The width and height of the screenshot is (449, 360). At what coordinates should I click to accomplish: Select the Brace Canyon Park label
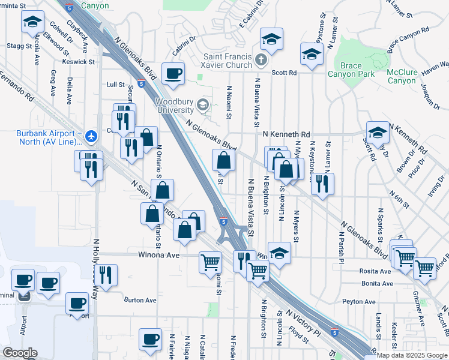351,69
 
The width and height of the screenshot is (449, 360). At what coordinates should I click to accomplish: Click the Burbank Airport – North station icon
91,136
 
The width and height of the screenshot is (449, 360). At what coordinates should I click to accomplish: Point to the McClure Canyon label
402,76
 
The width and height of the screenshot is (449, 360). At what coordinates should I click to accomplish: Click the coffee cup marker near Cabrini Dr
173,74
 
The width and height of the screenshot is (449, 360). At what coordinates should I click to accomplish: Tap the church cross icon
261,60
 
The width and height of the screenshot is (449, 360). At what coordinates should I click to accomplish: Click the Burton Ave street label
140,300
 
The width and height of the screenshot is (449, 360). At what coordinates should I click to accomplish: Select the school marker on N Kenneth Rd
378,132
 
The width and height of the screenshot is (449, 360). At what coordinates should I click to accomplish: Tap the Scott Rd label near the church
284,73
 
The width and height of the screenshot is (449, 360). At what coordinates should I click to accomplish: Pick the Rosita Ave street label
377,270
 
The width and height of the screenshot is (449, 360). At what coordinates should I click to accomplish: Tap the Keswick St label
79,61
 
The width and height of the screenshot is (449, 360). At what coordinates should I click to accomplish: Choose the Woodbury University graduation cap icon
203,106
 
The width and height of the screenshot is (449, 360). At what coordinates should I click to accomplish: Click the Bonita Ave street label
378,283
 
